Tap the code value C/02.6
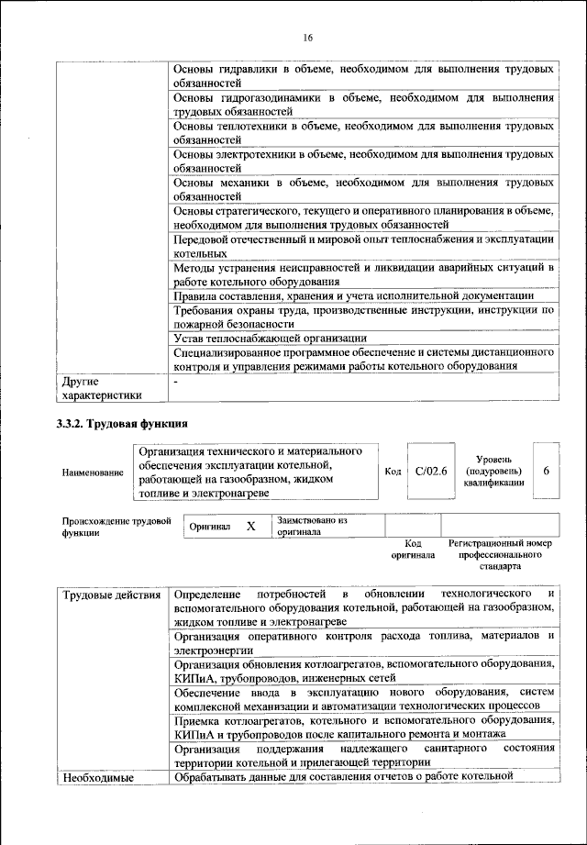point(430,472)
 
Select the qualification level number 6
point(546,471)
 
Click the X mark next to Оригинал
point(249,528)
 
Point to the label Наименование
point(93,473)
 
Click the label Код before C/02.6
point(393,472)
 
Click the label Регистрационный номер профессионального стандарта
point(501,555)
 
